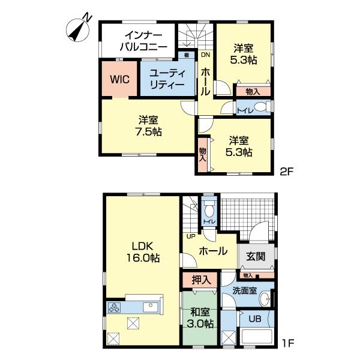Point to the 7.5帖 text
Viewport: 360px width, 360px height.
(148, 131)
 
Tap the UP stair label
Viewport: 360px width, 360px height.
(190, 235)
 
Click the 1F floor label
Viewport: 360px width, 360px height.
(287, 346)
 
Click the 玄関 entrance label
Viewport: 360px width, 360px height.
(256, 256)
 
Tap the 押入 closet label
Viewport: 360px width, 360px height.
(201, 279)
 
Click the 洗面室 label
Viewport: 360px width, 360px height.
(245, 290)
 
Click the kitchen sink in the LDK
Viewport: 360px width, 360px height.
(149, 308)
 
